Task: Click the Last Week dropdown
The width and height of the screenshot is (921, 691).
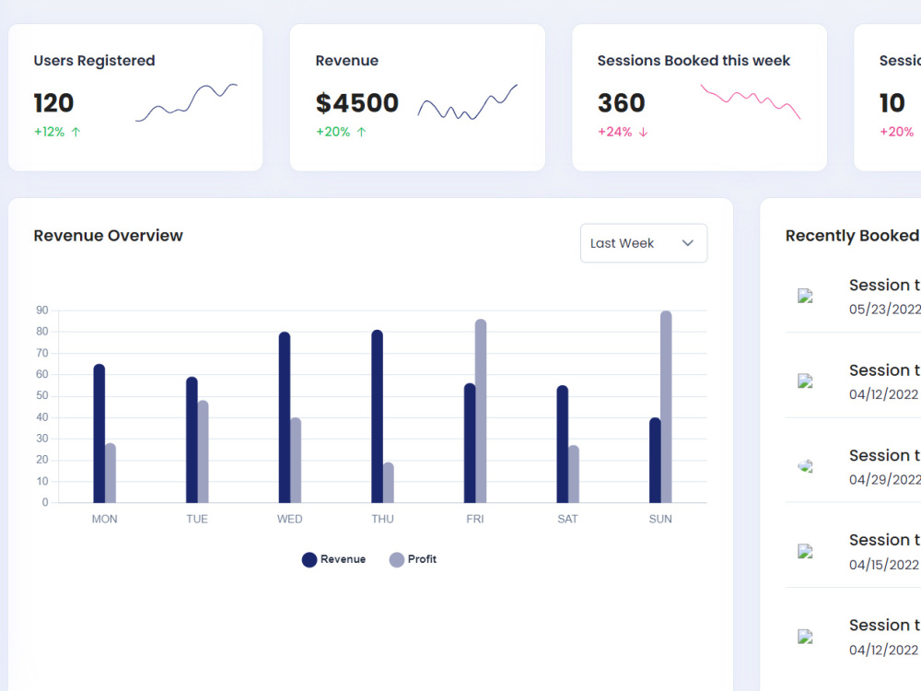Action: [643, 242]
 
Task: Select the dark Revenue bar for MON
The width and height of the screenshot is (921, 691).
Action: [99, 434]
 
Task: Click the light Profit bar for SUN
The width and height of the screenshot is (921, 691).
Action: [666, 406]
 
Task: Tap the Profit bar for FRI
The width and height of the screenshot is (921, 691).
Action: [481, 411]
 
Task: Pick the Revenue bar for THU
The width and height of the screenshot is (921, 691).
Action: [377, 416]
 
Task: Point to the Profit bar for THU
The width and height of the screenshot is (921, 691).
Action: [389, 483]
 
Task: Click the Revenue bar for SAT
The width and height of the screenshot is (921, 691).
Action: [562, 444]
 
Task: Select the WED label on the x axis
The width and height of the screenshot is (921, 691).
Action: [289, 519]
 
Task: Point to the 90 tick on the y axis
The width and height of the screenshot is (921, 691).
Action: [42, 310]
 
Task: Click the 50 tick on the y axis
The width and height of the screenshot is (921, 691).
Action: [42, 395]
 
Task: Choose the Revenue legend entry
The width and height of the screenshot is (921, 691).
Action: [333, 559]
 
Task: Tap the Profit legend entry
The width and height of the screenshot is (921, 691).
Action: [413, 559]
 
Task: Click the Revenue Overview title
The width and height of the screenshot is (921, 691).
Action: [108, 236]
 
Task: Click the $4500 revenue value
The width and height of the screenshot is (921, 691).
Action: [357, 103]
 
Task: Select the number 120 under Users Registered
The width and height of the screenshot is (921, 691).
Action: [53, 103]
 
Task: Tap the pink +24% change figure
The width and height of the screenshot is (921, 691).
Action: [615, 132]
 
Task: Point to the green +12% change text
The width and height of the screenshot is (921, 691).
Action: [50, 132]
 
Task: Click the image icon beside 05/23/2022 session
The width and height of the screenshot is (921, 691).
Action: [805, 296]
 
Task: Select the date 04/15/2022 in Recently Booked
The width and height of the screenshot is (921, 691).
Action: [883, 565]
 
